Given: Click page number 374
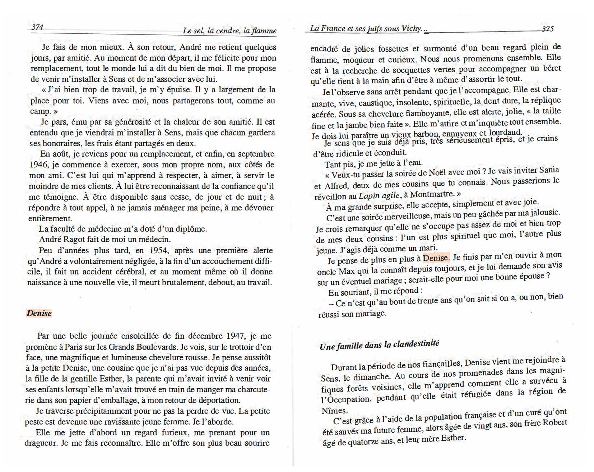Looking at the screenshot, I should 37,27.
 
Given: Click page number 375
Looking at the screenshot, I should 547,29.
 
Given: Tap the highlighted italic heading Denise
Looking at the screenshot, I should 39,313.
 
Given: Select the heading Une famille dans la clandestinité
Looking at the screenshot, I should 379,345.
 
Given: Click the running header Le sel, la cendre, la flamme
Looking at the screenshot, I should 229,31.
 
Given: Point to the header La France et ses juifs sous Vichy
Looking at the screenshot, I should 366,29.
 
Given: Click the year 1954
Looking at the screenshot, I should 159,250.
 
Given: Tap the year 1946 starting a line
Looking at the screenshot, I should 39,165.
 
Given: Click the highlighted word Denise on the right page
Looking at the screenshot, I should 436,258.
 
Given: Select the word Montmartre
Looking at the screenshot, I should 432,194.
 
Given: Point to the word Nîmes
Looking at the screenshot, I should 334,411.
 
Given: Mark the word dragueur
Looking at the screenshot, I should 41,443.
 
